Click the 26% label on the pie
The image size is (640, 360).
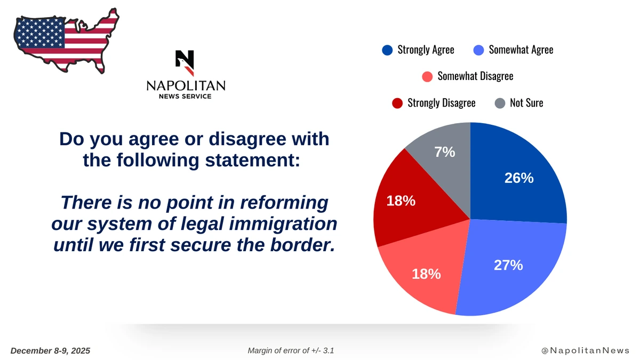[x=519, y=178]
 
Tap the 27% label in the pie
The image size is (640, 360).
[x=508, y=265]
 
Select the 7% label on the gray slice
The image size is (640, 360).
[x=445, y=152]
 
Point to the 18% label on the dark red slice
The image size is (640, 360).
[x=401, y=201]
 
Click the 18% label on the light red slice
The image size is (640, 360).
[x=426, y=274]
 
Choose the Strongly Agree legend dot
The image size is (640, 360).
[x=387, y=50]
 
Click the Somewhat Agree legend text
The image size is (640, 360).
[x=521, y=50]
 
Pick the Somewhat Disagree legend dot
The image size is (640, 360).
[x=427, y=77]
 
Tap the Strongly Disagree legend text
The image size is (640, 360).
[x=442, y=103]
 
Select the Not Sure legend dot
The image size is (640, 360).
[x=500, y=103]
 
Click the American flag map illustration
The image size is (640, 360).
[x=66, y=41]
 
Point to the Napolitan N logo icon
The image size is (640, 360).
[x=185, y=63]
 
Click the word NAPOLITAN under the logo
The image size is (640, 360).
[x=186, y=86]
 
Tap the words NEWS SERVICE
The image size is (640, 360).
[x=185, y=97]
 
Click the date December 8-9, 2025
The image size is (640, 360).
[x=50, y=350]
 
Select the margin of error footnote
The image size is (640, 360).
[x=291, y=350]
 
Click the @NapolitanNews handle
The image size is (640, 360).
[x=586, y=350]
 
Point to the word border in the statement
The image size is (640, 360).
[x=302, y=245]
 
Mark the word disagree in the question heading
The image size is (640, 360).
[x=247, y=140]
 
